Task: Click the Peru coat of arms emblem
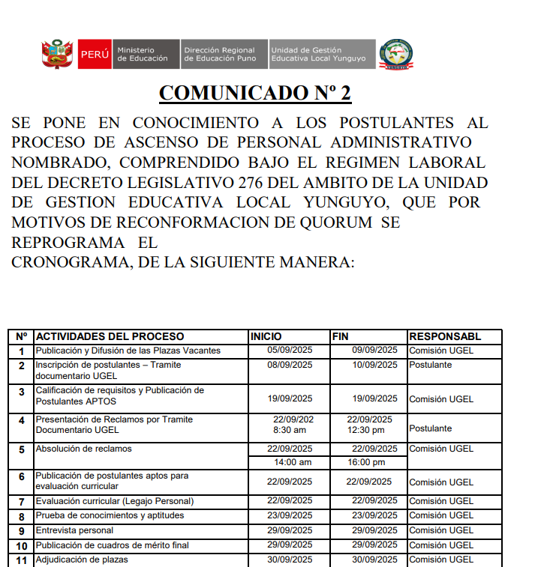click(56, 55)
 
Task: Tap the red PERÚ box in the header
click(94, 55)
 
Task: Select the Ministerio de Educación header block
click(143, 55)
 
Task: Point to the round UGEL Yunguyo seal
click(395, 55)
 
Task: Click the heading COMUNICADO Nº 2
click(255, 94)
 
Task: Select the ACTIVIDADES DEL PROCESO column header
click(110, 337)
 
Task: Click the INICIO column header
click(266, 337)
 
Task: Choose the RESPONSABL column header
click(445, 337)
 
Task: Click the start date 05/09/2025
click(290, 351)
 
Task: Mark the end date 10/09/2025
click(375, 365)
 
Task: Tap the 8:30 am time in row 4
click(290, 430)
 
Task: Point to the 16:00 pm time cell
click(366, 462)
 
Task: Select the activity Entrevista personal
click(75, 530)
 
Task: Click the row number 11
click(22, 560)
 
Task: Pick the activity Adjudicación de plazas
click(82, 560)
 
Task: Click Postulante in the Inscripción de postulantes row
click(431, 365)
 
